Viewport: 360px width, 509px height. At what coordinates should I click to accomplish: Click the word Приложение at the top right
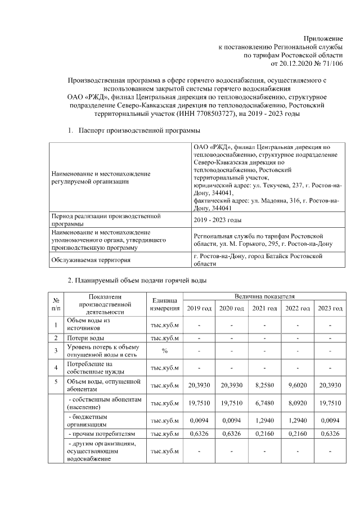click(323, 37)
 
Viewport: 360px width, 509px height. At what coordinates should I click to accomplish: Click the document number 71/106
click(331, 64)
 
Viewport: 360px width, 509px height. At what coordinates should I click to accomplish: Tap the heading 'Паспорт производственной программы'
click(134, 130)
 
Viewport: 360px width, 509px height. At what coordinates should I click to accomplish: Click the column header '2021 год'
click(264, 308)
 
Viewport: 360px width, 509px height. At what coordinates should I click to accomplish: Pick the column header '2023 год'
click(330, 308)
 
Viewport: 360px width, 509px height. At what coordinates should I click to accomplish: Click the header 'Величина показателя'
click(264, 296)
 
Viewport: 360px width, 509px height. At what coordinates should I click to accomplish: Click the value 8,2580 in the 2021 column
click(264, 385)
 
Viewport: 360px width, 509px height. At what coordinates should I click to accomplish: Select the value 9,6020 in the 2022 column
click(298, 385)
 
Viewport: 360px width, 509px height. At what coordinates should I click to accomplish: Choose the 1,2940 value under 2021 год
click(264, 420)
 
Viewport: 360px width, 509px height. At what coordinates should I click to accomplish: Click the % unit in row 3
click(165, 351)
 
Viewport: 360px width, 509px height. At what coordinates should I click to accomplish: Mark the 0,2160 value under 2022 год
click(298, 434)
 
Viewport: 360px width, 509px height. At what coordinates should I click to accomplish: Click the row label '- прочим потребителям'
click(101, 434)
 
